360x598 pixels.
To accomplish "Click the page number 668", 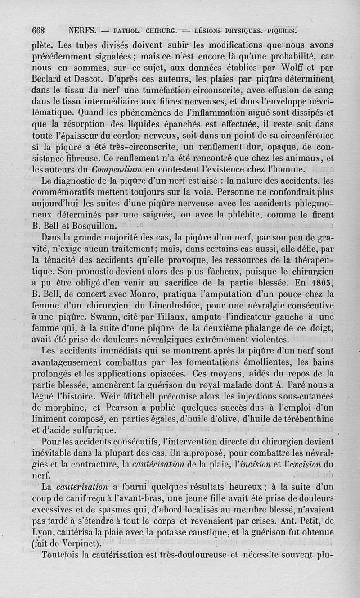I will [39, 32].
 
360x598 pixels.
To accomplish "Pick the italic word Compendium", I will [117, 169].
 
